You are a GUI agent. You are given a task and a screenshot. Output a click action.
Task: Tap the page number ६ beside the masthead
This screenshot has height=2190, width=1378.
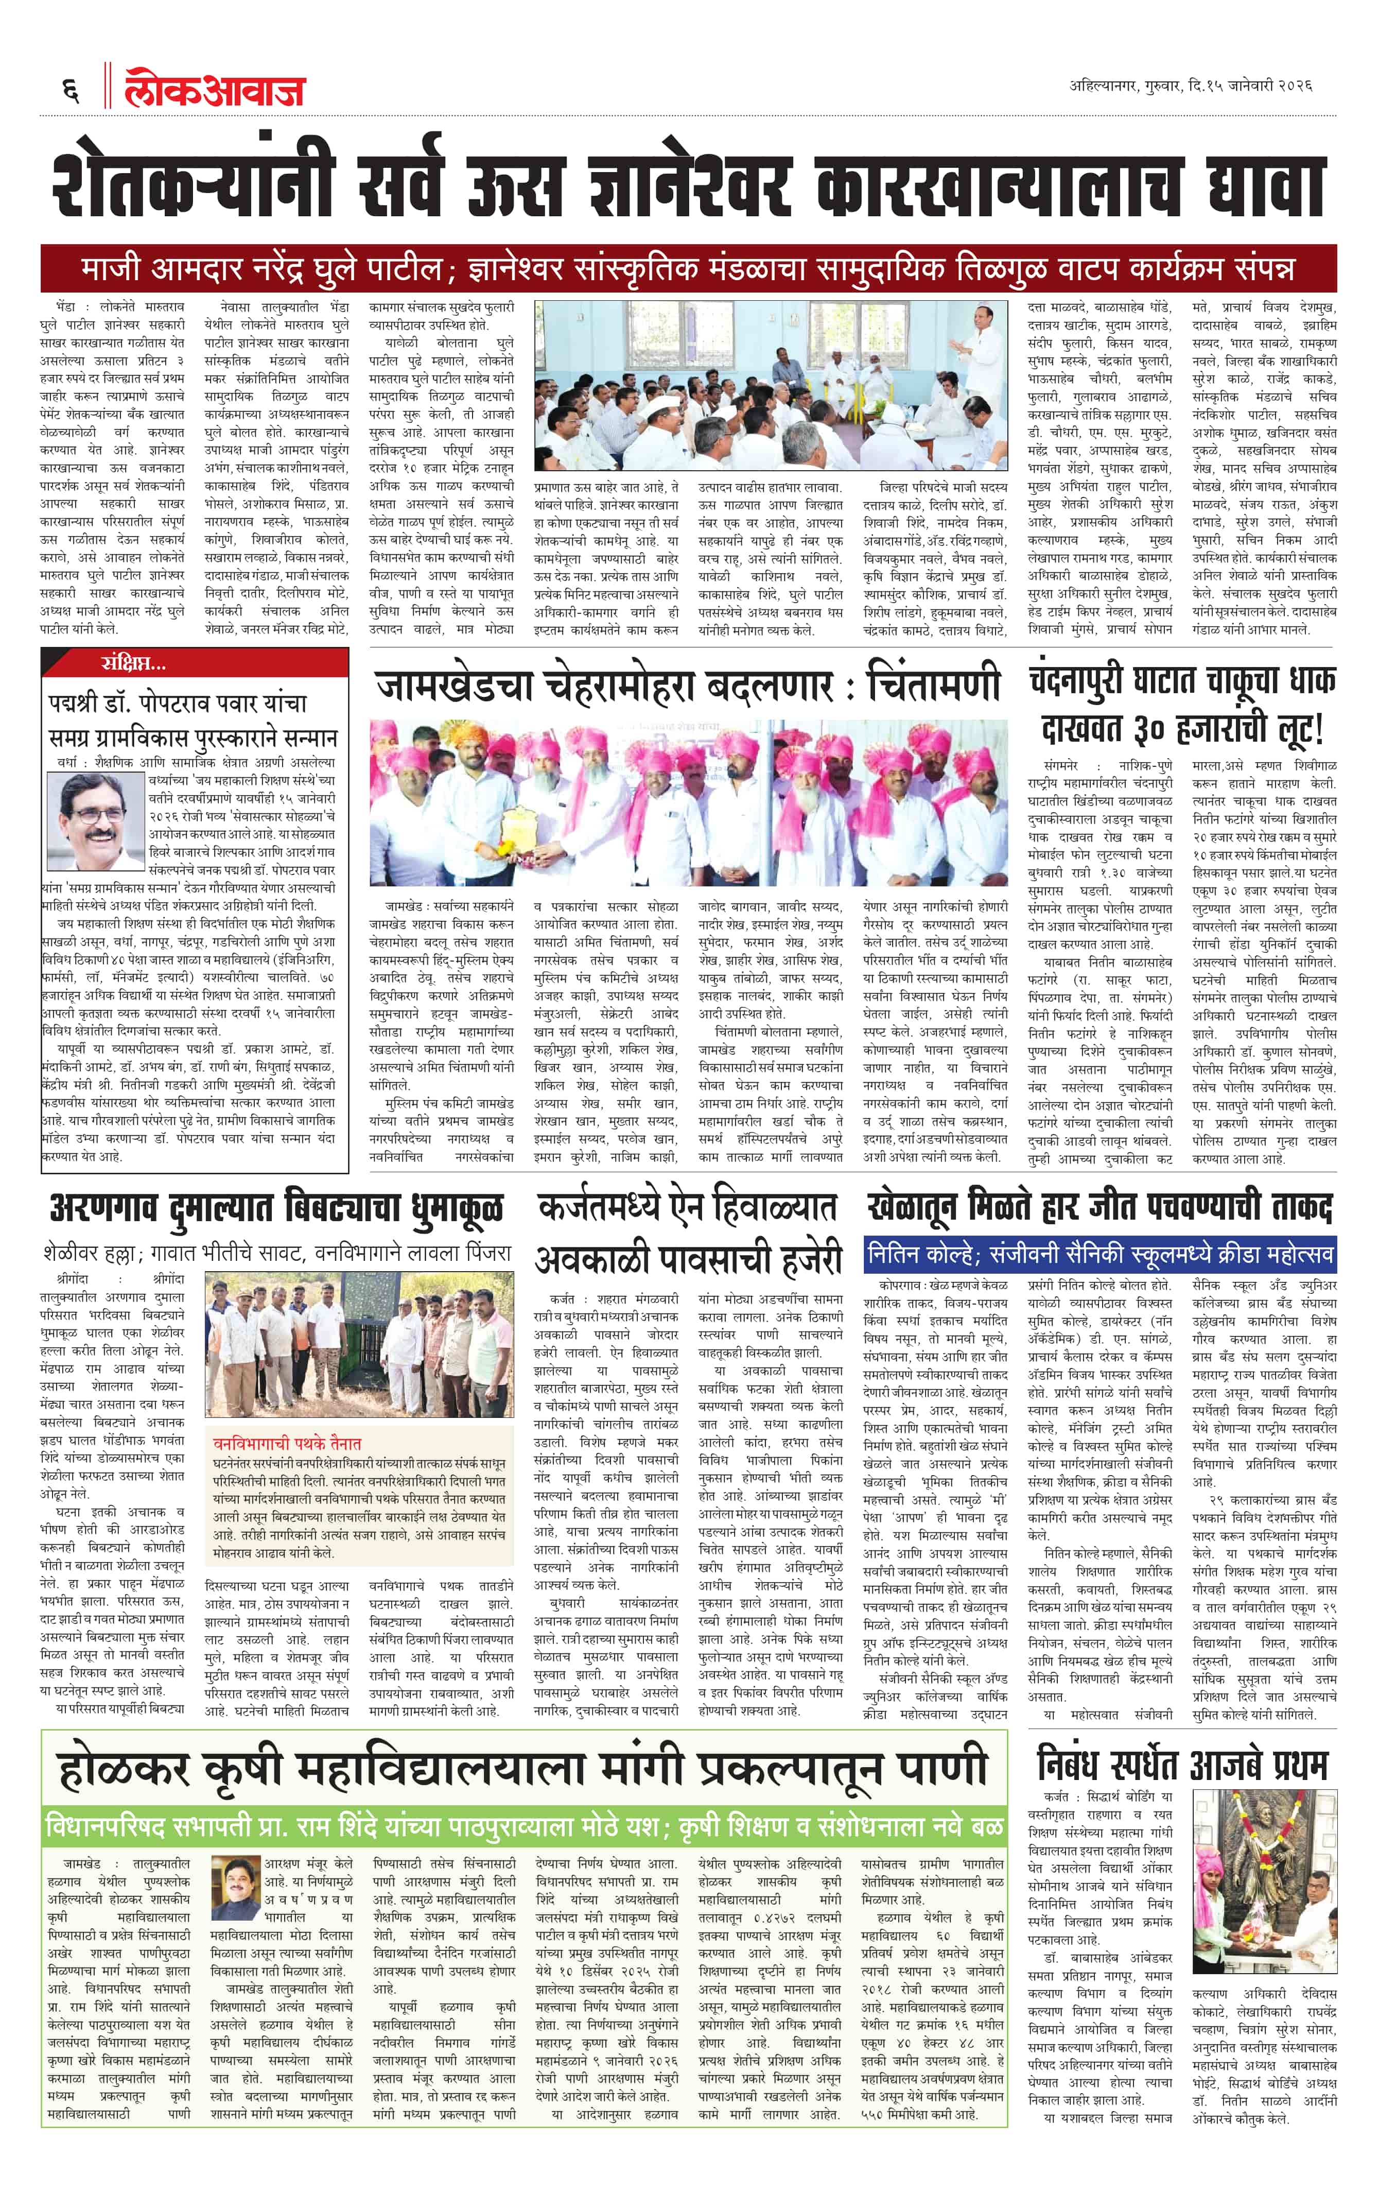[x=70, y=89]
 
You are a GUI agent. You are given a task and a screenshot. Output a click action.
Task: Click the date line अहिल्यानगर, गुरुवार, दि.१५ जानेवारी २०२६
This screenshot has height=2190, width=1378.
[x=1191, y=87]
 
